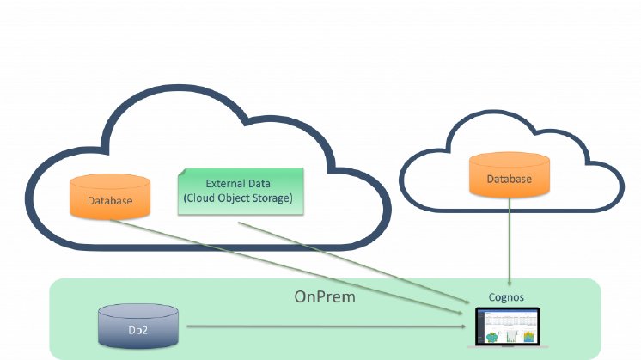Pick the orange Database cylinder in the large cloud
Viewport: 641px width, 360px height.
[x=110, y=197]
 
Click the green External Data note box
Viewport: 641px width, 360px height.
[x=241, y=191]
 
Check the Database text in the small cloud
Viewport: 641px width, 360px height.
[x=510, y=180]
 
